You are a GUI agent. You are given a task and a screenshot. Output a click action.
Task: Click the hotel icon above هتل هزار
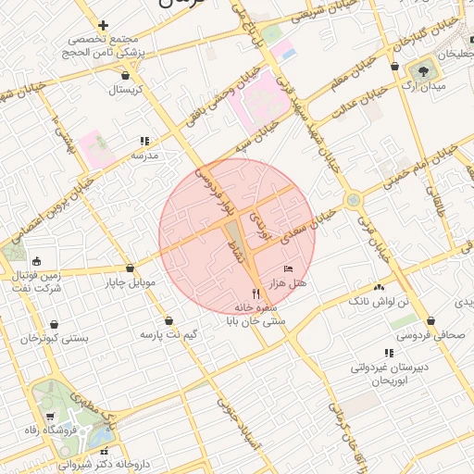point(288,268)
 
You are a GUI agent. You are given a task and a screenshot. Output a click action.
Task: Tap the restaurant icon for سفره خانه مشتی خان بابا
point(243,293)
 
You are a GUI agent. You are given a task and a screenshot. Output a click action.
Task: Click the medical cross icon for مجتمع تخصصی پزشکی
point(103,26)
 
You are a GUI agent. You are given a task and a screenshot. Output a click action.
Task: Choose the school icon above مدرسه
point(144,142)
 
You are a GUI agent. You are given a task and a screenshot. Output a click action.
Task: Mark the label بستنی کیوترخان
point(59,339)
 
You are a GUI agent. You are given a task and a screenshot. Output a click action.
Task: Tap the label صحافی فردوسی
point(431,338)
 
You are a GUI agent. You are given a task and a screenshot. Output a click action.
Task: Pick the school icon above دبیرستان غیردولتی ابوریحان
point(388,353)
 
